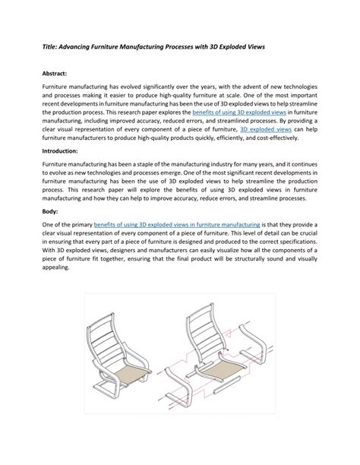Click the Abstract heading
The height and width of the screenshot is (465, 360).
coord(56,74)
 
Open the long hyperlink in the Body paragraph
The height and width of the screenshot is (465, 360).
coord(185,225)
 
